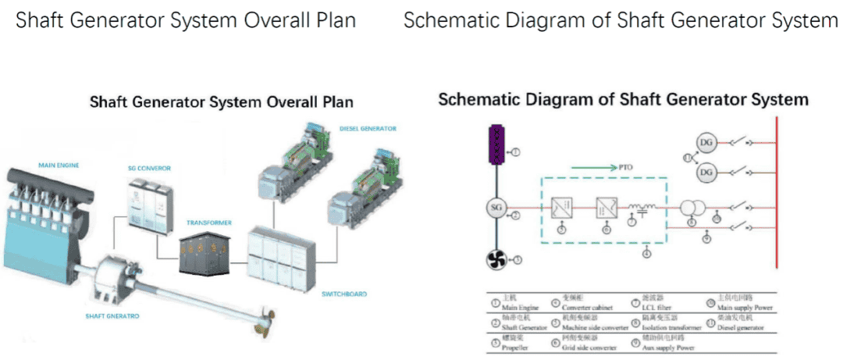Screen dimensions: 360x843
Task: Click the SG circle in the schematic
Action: tap(494, 208)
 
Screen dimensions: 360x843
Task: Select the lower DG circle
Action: tap(706, 171)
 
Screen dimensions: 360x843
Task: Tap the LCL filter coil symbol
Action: tap(642, 208)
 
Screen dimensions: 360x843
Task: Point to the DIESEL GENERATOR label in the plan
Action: tap(368, 128)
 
